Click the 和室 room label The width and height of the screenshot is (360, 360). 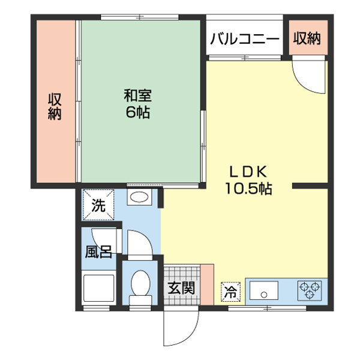point(137,95)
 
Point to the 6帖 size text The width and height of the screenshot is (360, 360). point(137,112)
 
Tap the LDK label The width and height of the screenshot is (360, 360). point(248,170)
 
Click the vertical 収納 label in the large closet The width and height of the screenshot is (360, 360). point(55,107)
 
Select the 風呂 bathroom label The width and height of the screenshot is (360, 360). point(98,250)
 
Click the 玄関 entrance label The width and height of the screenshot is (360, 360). point(181,287)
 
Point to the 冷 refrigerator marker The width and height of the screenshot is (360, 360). point(230,292)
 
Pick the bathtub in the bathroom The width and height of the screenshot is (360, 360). point(99,289)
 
